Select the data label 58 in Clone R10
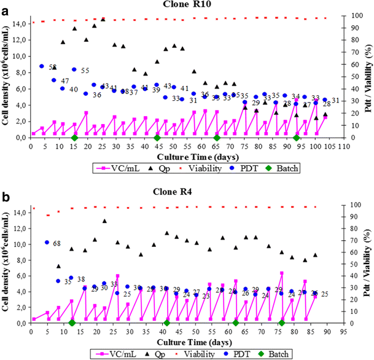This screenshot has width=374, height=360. pos(53,67)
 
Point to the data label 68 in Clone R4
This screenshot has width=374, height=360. pos(57,244)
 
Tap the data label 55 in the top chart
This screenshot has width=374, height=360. pos(85,71)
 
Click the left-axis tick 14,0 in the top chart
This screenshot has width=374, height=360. pos(18,23)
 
